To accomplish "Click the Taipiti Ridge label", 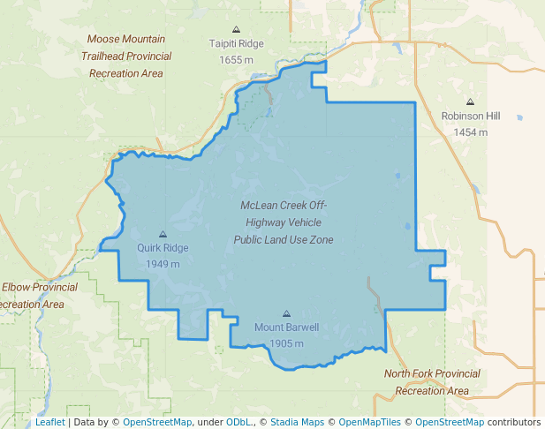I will [236, 43].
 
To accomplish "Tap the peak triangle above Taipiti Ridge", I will [236, 29].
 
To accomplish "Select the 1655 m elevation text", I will [236, 59].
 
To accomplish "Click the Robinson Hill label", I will [470, 116].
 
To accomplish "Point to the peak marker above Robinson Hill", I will [470, 102].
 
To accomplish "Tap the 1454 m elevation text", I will [470, 132].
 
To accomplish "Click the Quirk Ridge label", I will [163, 248].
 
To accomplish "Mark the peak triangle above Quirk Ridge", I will [163, 234].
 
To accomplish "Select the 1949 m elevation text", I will [163, 264].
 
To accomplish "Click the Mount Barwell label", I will [286, 327].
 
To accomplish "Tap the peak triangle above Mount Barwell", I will [286, 313].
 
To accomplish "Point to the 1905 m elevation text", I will [286, 343].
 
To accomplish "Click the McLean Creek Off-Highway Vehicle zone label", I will [284, 222].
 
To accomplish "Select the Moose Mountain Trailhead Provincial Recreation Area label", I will [127, 56].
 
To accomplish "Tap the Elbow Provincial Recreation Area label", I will [35, 296].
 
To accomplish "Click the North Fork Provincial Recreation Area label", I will [432, 382].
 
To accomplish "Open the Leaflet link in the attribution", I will [50, 423].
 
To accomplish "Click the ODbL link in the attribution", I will [239, 423].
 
